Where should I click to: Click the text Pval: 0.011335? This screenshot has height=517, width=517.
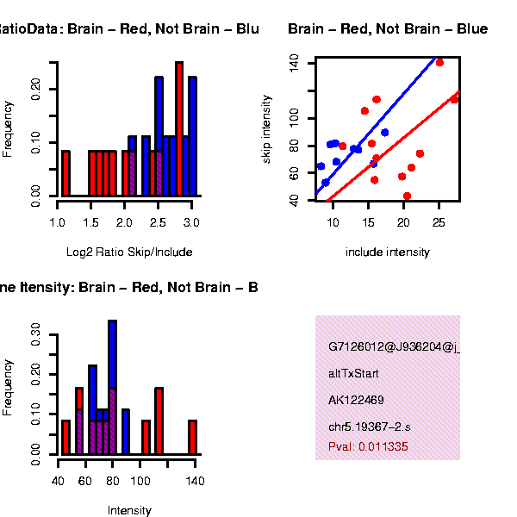(368, 447)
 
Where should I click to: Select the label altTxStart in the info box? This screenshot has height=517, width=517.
(353, 374)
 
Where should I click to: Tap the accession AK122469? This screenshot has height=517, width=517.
(356, 400)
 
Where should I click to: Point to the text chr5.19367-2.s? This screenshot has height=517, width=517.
(370, 427)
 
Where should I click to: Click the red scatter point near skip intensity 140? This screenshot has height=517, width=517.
(439, 63)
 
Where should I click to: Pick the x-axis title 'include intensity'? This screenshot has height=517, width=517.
(387, 252)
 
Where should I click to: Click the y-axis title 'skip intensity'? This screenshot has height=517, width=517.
(267, 130)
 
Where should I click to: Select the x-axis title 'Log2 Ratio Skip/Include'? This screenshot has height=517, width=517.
(129, 252)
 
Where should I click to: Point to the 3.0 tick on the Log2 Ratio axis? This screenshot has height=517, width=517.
(191, 222)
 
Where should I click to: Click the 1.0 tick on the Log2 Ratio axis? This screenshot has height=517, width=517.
(58, 222)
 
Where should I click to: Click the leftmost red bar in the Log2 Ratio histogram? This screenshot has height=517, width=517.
(65, 173)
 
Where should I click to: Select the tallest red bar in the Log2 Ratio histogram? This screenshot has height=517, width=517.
(179, 129)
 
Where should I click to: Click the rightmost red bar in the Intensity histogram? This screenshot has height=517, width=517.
(193, 437)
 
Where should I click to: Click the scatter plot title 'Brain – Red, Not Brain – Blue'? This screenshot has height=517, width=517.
(388, 29)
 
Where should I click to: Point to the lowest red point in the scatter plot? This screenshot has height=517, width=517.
(407, 196)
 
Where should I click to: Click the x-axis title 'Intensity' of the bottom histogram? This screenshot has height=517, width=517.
(129, 510)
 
